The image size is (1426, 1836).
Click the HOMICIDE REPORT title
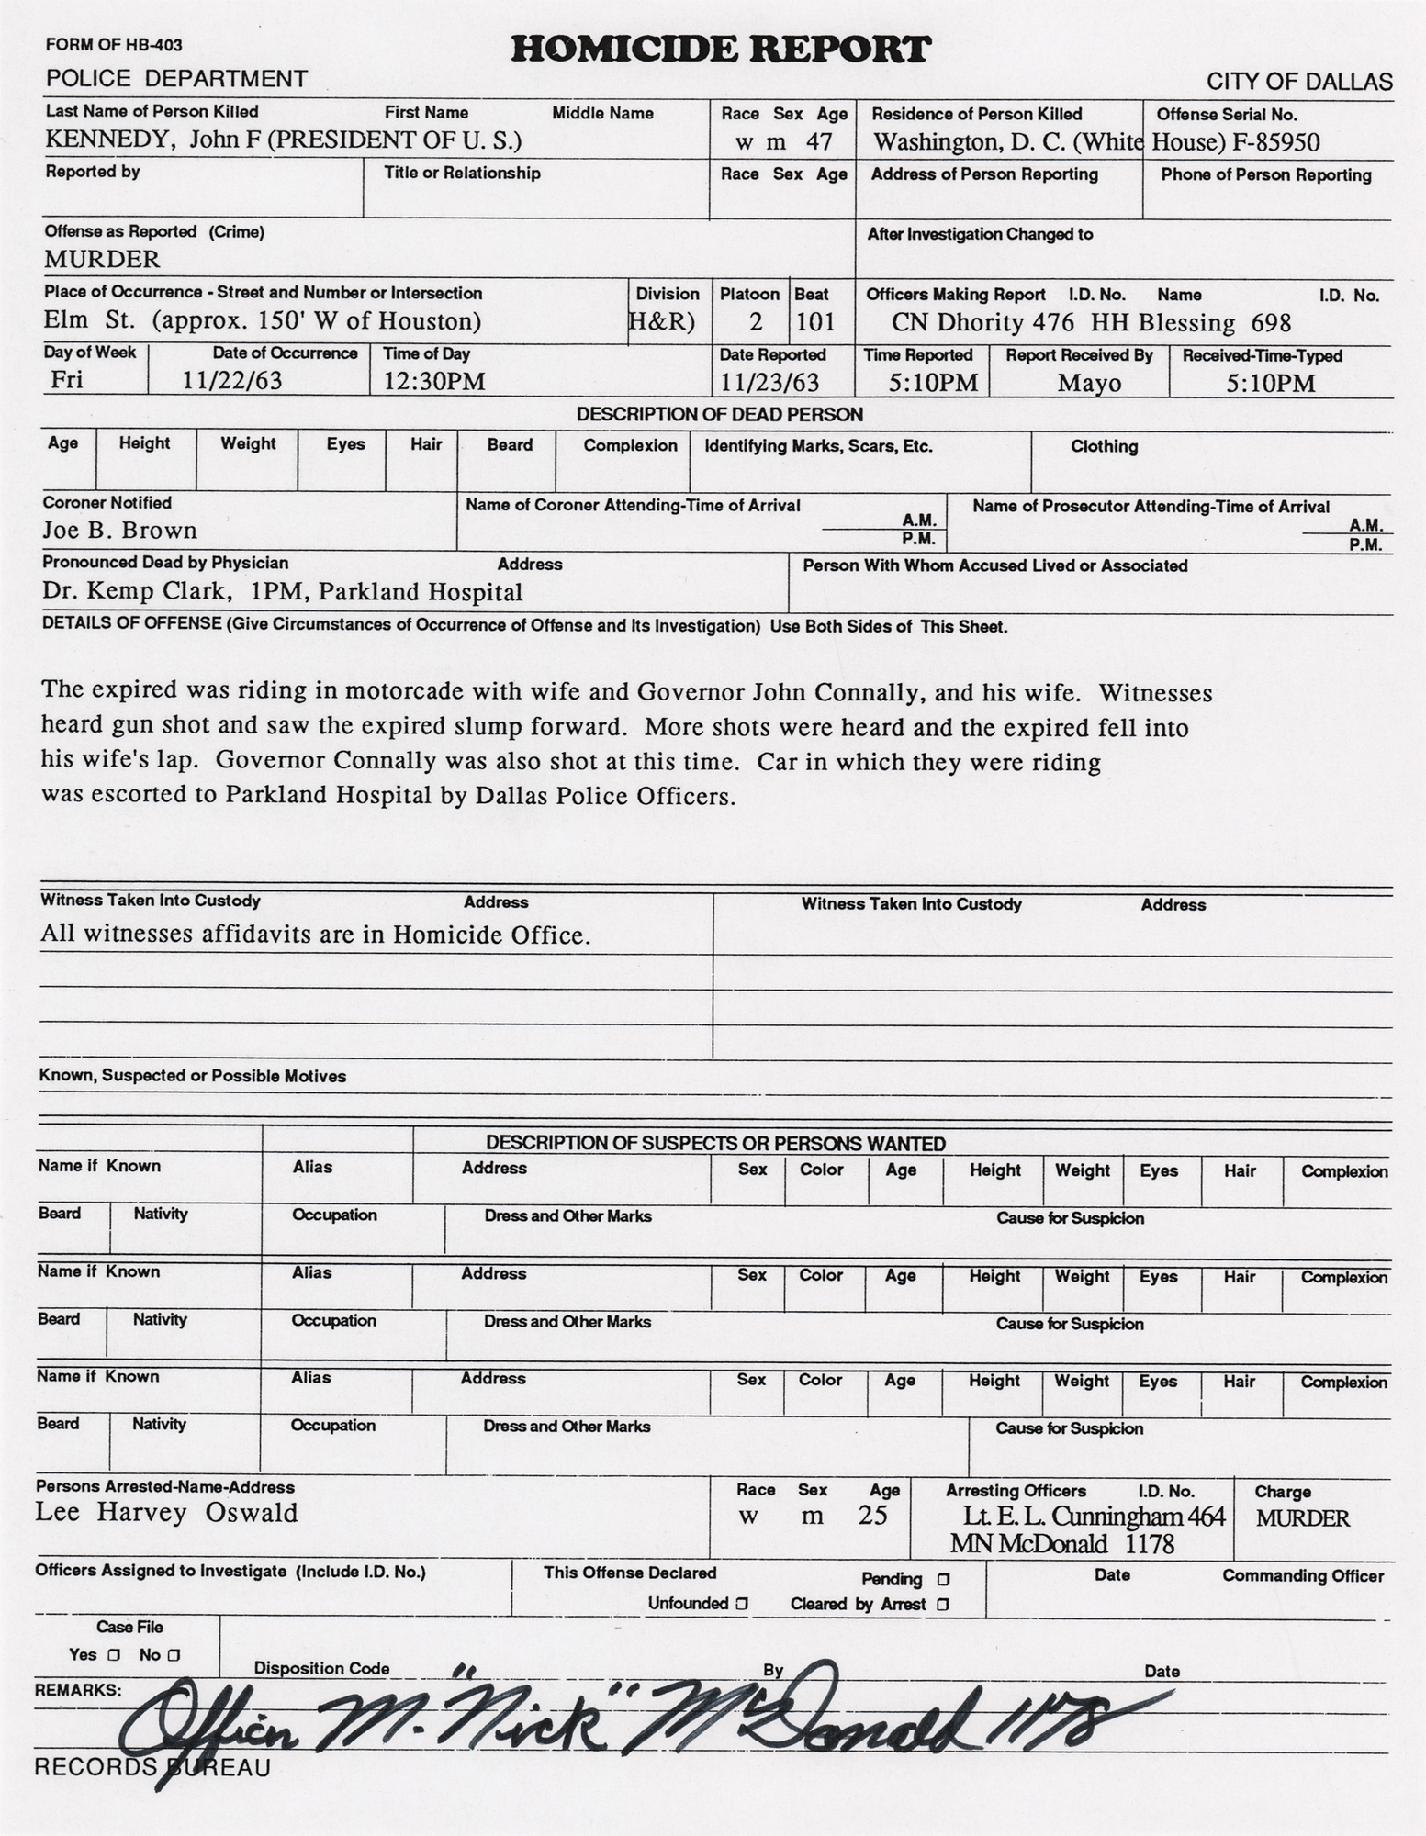721,49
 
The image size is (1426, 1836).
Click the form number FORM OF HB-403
114,45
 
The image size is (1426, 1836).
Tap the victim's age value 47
818,142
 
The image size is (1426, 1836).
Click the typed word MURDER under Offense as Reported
102,259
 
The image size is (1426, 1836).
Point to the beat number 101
815,322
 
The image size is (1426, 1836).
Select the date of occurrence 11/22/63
232,381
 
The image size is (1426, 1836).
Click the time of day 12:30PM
433,381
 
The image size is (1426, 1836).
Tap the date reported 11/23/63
769,382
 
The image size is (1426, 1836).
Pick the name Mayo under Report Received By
1089,383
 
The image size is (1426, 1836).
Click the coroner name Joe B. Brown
119,531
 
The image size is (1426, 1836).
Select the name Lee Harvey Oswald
167,1513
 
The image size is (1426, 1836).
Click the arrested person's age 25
872,1515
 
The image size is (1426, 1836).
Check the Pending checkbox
943,1580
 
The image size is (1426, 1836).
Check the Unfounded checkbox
742,1604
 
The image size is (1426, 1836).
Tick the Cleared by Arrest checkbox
943,1605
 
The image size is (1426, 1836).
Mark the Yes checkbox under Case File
113,1655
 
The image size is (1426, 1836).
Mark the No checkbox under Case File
174,1655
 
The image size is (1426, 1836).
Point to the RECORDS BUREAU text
152,1768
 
